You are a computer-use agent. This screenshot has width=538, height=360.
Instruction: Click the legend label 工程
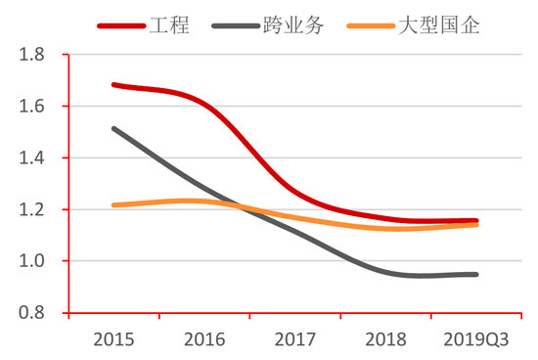pos(170,22)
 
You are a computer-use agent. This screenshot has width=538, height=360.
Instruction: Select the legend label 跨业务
pos(293,22)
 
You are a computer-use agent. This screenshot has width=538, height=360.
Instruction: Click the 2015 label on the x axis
pos(113,338)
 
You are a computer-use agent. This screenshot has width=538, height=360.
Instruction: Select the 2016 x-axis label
pos(204,338)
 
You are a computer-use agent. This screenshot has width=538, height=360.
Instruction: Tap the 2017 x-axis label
pos(295,338)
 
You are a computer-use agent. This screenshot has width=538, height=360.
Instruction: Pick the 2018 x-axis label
pos(386,338)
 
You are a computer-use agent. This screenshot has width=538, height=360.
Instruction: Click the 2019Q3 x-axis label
pos(475,338)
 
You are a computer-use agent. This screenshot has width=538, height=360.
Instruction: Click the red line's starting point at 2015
pos(113,85)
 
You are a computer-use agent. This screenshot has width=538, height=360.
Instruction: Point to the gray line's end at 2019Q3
pos(476,274)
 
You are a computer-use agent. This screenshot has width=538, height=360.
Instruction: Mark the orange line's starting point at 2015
pos(113,205)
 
